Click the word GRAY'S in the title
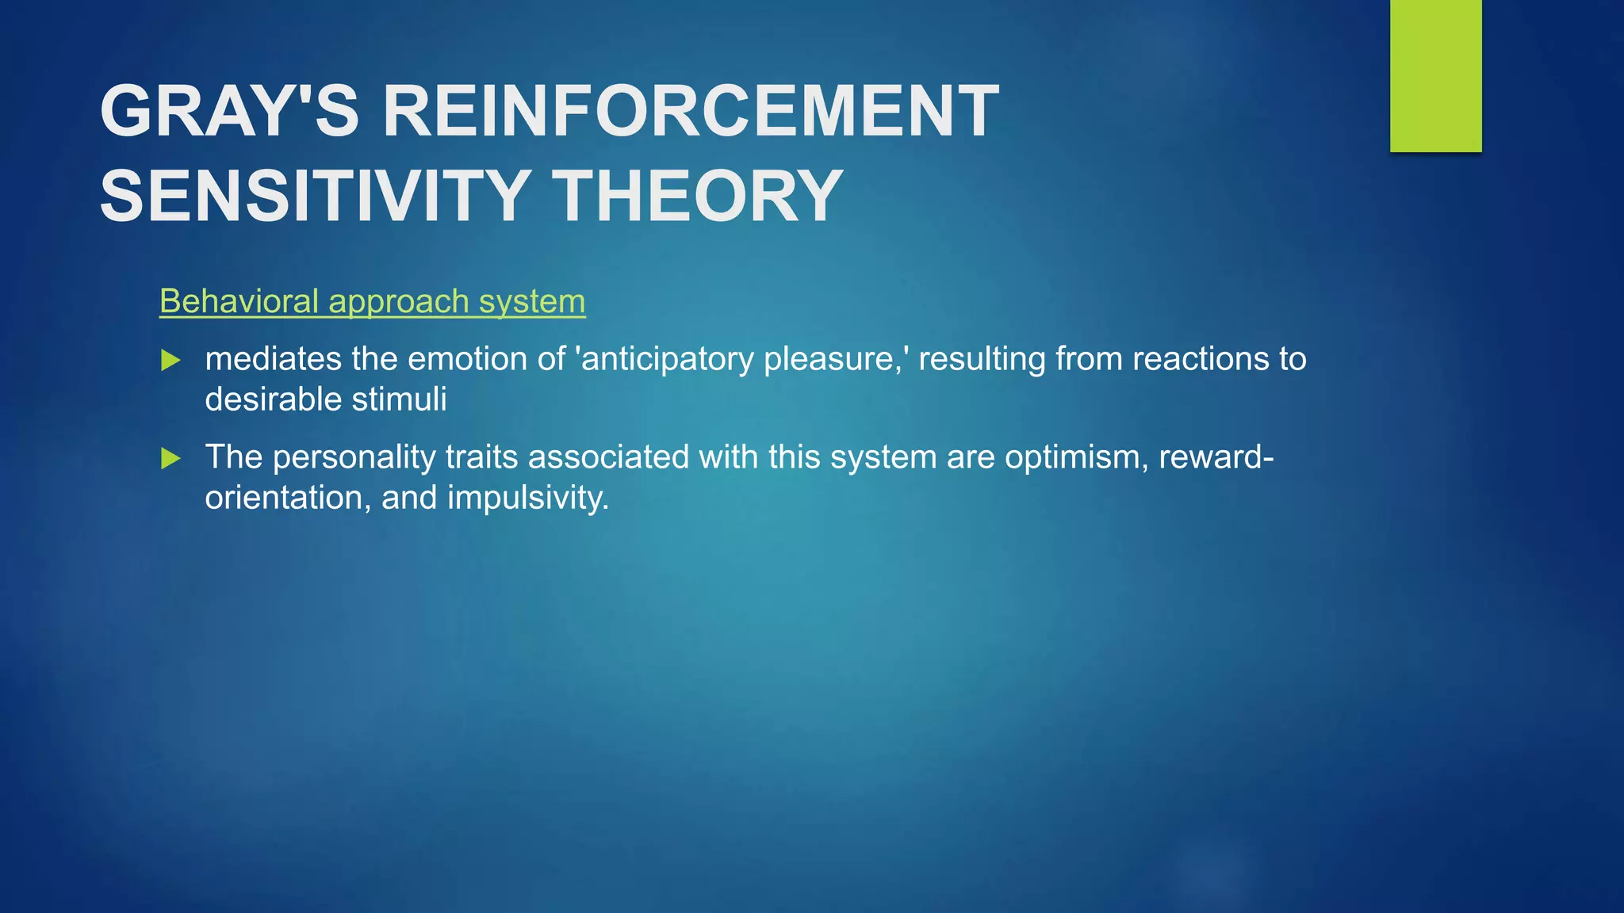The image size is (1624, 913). coord(229,112)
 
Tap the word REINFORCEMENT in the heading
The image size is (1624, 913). coord(690,112)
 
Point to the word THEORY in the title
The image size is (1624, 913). coord(697,197)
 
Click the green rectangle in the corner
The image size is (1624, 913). coord(1435,75)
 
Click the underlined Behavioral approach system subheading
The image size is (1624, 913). coord(372,302)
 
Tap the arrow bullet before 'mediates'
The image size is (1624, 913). coord(170,361)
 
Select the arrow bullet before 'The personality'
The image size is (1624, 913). coord(170,458)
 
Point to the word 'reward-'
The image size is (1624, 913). coord(1216,458)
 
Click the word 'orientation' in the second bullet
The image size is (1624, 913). coord(287,499)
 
